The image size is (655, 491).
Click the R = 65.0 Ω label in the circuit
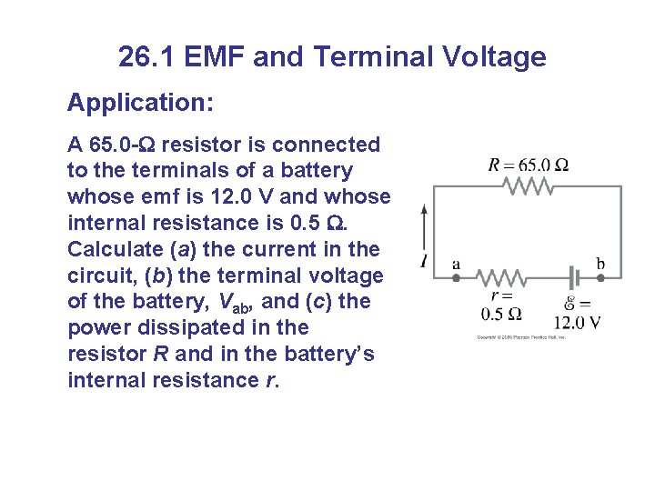[529, 165]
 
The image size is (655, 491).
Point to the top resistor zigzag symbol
[529, 185]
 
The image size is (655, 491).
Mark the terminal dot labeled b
[600, 276]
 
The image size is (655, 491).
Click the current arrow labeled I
[425, 232]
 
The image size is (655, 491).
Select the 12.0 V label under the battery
[577, 323]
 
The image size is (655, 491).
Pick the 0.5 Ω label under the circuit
[501, 314]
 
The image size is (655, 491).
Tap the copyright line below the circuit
[522, 337]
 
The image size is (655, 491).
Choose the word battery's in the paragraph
[326, 354]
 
